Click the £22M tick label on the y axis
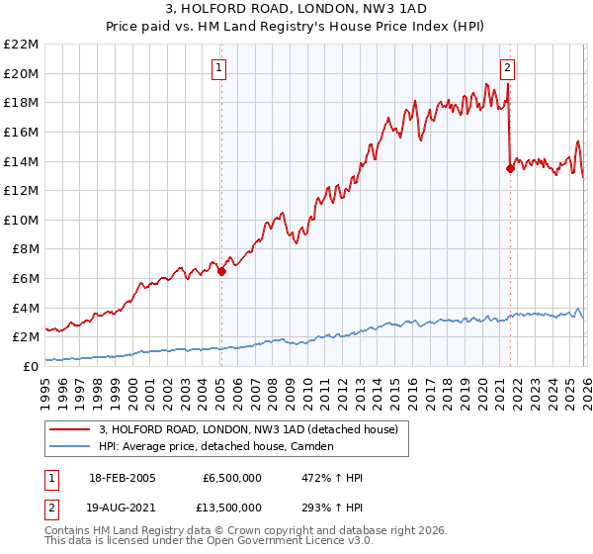(x=22, y=45)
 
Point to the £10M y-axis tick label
(x=22, y=220)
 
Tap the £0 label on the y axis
(x=31, y=366)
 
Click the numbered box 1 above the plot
(x=217, y=68)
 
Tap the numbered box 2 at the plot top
(x=507, y=68)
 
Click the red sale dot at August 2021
(x=510, y=168)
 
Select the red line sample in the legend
(x=70, y=429)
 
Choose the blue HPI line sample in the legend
(x=70, y=446)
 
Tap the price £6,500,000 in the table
(x=231, y=478)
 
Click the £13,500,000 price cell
(x=228, y=508)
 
